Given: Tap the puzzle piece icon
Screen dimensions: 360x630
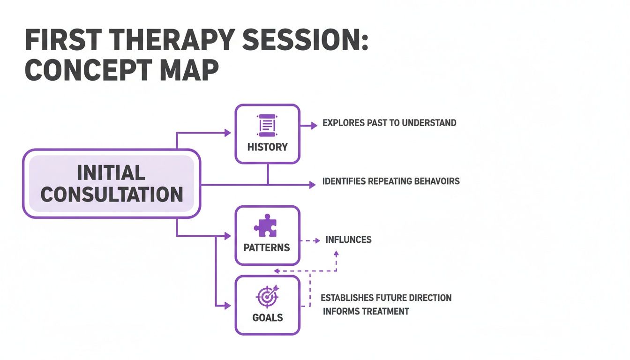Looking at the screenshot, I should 265,226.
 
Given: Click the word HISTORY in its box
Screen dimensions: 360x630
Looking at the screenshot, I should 267,147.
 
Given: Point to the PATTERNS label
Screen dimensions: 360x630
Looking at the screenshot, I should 267,247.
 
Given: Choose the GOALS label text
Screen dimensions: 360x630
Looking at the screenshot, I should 267,317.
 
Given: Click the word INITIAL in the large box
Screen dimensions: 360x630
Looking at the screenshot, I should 111,173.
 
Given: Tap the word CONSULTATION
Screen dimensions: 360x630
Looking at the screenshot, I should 112,195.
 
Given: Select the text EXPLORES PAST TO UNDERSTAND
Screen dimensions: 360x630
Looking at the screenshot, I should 389,123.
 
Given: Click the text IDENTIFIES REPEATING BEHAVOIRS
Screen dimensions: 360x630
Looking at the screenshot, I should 391,181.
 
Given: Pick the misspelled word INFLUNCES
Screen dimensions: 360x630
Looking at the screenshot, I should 348,240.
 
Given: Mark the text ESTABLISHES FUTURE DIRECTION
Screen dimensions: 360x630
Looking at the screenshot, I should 386,298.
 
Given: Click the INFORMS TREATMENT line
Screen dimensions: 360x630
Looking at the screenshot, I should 366,311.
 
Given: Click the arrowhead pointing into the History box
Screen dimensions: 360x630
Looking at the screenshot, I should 228,133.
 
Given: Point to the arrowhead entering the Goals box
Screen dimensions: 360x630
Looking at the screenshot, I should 228,306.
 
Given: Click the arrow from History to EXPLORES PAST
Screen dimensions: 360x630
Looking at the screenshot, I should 309,126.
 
